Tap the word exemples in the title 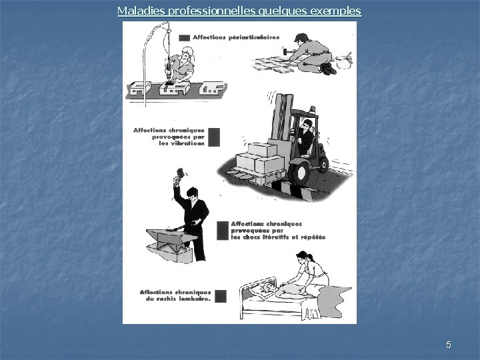336,11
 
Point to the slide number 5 449,345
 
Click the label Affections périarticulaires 236,37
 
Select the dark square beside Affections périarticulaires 184,38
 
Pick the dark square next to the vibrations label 214,137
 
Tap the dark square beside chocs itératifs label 223,231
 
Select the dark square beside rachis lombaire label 221,296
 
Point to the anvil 170,238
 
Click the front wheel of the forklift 299,173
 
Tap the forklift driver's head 307,124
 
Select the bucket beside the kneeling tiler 343,61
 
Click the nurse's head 303,257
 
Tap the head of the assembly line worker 187,54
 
